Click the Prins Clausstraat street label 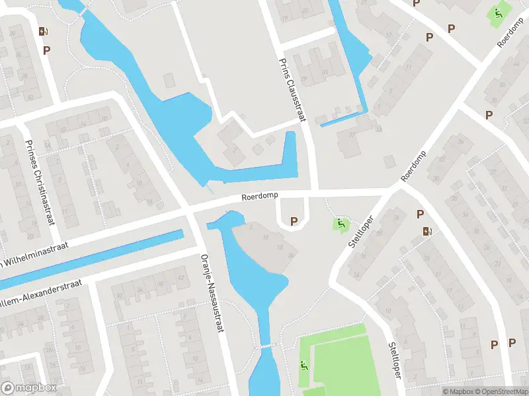(291, 88)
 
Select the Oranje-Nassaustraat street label (211, 292)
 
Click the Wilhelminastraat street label (40, 256)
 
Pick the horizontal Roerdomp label (260, 197)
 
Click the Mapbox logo (28, 388)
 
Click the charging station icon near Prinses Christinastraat (43, 31)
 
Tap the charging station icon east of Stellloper (427, 231)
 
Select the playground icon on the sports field (304, 365)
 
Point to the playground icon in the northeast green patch (498, 13)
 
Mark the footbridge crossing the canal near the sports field (266, 346)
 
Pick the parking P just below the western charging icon (47, 49)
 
